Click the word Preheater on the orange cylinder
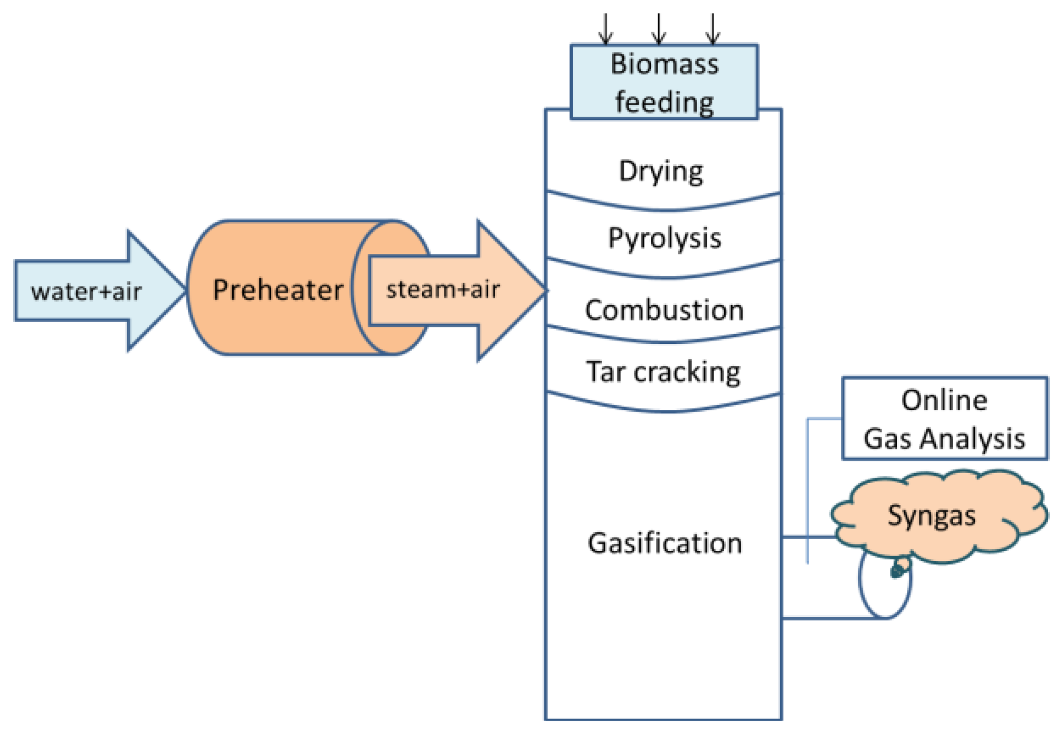point(278,290)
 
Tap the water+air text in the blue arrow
point(86,291)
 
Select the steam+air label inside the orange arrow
point(442,289)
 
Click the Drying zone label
point(661,171)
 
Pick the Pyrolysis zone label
point(664,238)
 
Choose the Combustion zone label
point(664,310)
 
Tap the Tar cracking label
point(663,372)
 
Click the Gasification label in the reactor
point(665,543)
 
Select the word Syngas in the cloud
point(931,515)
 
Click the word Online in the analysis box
point(944,400)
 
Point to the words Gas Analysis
point(944,438)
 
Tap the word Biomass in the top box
point(664,64)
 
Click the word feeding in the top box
point(664,102)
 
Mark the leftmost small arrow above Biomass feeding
point(605,29)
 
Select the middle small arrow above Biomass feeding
point(658,29)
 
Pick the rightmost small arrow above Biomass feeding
point(713,29)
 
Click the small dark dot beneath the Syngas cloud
point(897,570)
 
